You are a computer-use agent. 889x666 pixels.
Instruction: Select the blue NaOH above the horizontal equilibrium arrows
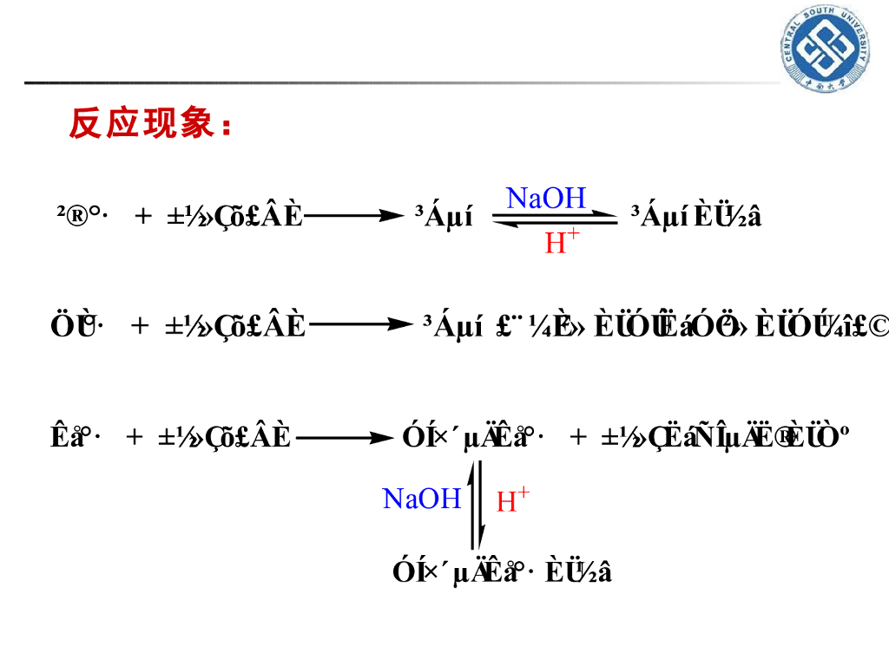click(x=546, y=198)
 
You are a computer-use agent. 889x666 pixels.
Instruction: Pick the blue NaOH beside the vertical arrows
click(x=422, y=499)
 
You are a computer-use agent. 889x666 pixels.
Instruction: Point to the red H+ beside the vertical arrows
click(x=512, y=500)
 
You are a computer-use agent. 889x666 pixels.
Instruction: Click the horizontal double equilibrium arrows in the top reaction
click(x=555, y=220)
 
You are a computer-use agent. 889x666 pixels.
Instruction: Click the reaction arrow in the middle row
click(x=360, y=326)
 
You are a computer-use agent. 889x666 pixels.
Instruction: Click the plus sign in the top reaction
click(x=143, y=216)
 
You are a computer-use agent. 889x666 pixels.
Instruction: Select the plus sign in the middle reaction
click(x=140, y=326)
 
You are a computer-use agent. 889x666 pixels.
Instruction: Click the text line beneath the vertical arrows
click(x=503, y=572)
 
